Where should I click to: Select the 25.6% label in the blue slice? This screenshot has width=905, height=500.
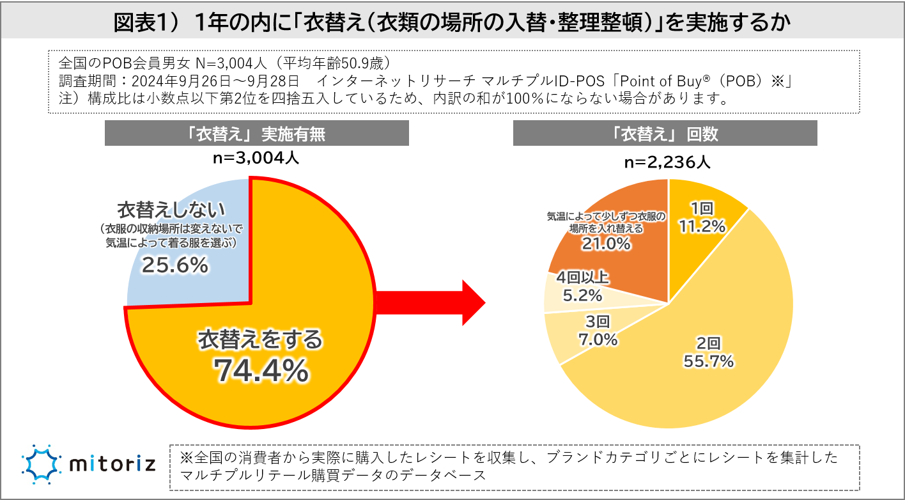pyautogui.click(x=174, y=265)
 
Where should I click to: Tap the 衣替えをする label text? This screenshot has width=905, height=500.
pyautogui.click(x=261, y=340)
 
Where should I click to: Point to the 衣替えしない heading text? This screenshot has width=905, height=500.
pyautogui.click(x=171, y=210)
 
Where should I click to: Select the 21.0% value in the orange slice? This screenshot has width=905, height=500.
pyautogui.click(x=606, y=244)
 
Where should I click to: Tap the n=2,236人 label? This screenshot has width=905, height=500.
pyautogui.click(x=667, y=162)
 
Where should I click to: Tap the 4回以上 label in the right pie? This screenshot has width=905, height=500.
pyautogui.click(x=583, y=277)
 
